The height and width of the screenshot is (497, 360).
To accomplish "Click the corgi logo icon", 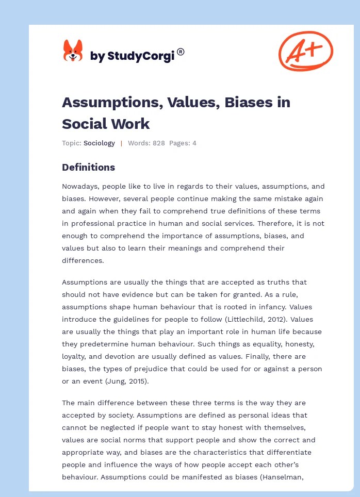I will click(x=73, y=51).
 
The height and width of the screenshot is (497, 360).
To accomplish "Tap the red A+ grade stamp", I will click(x=305, y=51).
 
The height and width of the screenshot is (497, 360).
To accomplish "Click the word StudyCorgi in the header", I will click(x=140, y=57).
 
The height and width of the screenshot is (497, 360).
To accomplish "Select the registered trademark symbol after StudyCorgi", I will click(x=181, y=52).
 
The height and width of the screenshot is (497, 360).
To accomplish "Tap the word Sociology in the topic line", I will click(x=100, y=143).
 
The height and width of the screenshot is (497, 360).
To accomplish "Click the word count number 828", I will click(x=159, y=143).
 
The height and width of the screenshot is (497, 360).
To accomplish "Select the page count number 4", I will click(x=194, y=143).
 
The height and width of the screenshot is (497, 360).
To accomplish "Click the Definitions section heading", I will click(x=88, y=167).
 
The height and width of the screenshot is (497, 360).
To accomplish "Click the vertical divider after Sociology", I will click(x=121, y=143).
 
